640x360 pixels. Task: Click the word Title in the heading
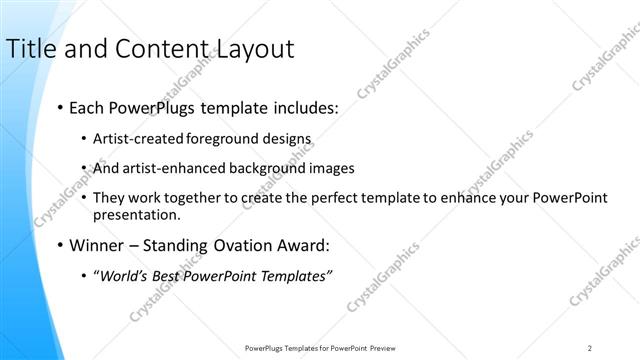click(x=30, y=48)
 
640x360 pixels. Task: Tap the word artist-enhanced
click(x=176, y=168)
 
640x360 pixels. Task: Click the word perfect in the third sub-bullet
click(x=300, y=198)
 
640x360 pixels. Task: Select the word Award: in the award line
click(x=294, y=244)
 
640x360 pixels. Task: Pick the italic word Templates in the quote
click(x=295, y=275)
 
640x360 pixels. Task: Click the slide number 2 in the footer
click(x=590, y=348)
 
